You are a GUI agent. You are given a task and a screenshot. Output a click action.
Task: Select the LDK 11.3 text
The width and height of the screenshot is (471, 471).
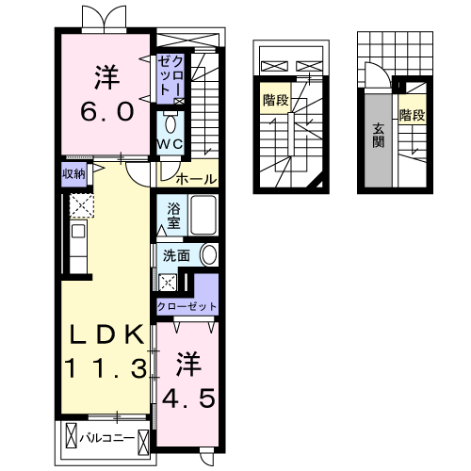point(105,349)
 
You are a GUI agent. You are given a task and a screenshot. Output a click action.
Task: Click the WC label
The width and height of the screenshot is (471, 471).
point(171,144)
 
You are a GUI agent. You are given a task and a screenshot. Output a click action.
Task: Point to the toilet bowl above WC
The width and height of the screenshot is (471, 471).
point(171,123)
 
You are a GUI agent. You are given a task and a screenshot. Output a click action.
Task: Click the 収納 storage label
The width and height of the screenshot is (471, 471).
point(74,174)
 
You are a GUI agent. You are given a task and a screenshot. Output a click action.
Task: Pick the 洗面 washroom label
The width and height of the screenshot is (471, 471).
point(176,255)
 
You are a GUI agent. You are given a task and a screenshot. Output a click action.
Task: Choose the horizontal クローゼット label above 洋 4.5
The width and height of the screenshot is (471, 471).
point(187,307)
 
